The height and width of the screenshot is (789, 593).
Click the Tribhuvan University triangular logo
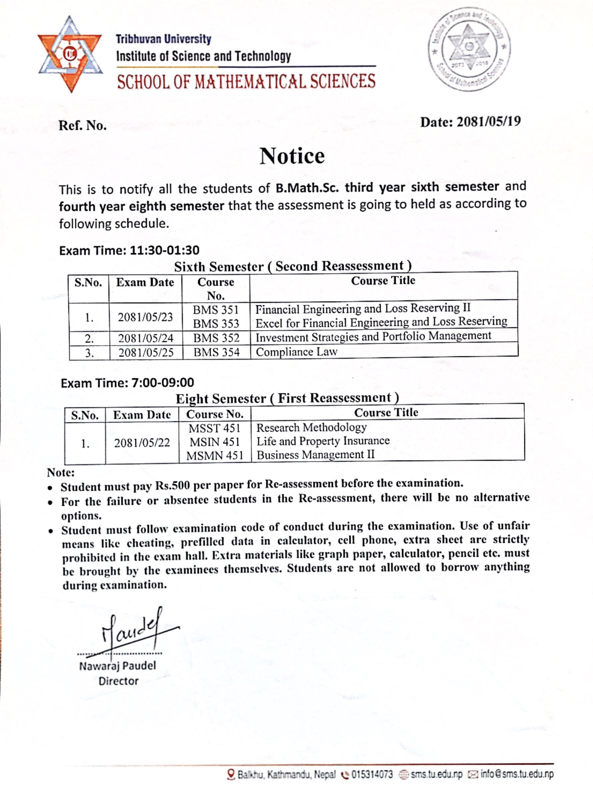pos(70,55)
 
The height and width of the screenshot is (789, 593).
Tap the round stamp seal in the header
pos(469,49)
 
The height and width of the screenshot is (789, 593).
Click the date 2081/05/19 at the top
pos(489,122)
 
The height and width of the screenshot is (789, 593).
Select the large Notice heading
pos(292,156)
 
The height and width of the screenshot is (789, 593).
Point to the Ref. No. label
pos(83,125)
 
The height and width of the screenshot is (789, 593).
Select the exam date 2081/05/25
pos(146,352)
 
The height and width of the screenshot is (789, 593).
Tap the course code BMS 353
pos(216,324)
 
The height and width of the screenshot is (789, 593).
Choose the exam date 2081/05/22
pos(142,443)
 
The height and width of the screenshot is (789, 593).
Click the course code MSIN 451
pos(215,442)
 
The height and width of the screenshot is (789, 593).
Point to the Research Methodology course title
pos(311,427)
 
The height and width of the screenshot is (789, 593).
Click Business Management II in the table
pos(316,455)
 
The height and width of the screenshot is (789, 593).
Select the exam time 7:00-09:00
pos(163,383)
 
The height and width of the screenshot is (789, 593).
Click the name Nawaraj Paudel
pos(118,666)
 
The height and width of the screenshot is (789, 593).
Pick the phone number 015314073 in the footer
pos(372,774)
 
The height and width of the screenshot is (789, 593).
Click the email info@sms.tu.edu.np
pos(517,774)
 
